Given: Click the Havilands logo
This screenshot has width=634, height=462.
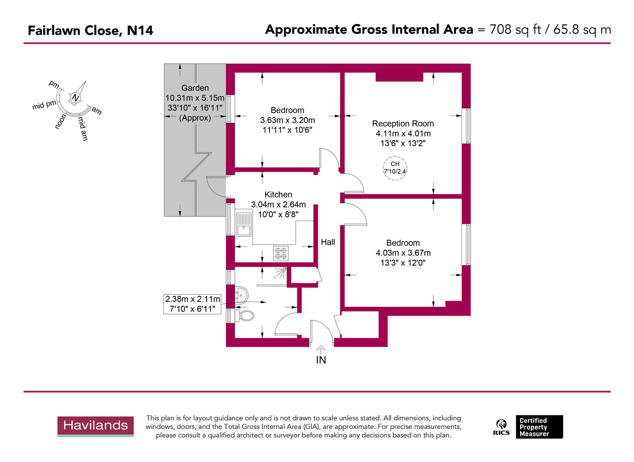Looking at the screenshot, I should [96, 426].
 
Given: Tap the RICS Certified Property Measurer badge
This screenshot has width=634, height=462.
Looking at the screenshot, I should [529, 427].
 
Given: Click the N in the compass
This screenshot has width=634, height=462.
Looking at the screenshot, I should [75, 98].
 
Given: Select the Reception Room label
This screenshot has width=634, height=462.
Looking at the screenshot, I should [403, 124].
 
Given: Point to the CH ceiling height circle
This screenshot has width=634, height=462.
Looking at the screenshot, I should [395, 167].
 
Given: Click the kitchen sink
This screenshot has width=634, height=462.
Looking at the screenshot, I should [244, 223].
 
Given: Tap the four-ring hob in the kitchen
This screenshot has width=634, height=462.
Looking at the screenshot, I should [281, 253].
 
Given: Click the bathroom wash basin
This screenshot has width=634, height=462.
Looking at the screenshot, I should [242, 294].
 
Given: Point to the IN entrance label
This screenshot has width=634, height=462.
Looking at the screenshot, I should [321, 360].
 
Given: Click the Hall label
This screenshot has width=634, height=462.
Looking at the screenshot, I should [328, 242].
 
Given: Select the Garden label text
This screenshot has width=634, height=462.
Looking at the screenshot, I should [195, 88].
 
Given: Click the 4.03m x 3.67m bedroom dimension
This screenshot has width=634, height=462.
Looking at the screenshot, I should [403, 253].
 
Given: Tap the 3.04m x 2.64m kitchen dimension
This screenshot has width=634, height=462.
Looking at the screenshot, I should [278, 204].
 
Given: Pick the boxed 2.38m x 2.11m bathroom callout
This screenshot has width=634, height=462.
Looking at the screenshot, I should [193, 304].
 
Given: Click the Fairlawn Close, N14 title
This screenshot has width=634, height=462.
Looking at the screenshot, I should [90, 30].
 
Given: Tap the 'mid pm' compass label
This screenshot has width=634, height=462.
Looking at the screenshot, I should [44, 105].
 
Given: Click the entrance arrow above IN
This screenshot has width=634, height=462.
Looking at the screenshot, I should [321, 348].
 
